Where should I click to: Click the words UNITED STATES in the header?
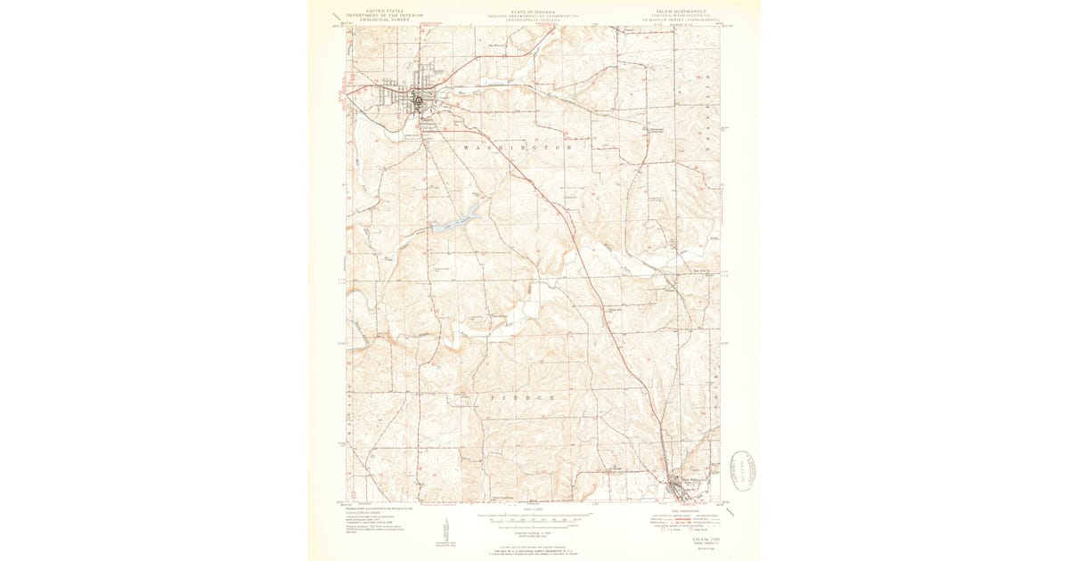tap(374, 12)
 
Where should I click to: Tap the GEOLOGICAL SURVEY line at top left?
tap(374, 20)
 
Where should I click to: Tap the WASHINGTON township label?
tap(517, 147)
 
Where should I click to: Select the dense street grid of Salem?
tap(419, 97)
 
